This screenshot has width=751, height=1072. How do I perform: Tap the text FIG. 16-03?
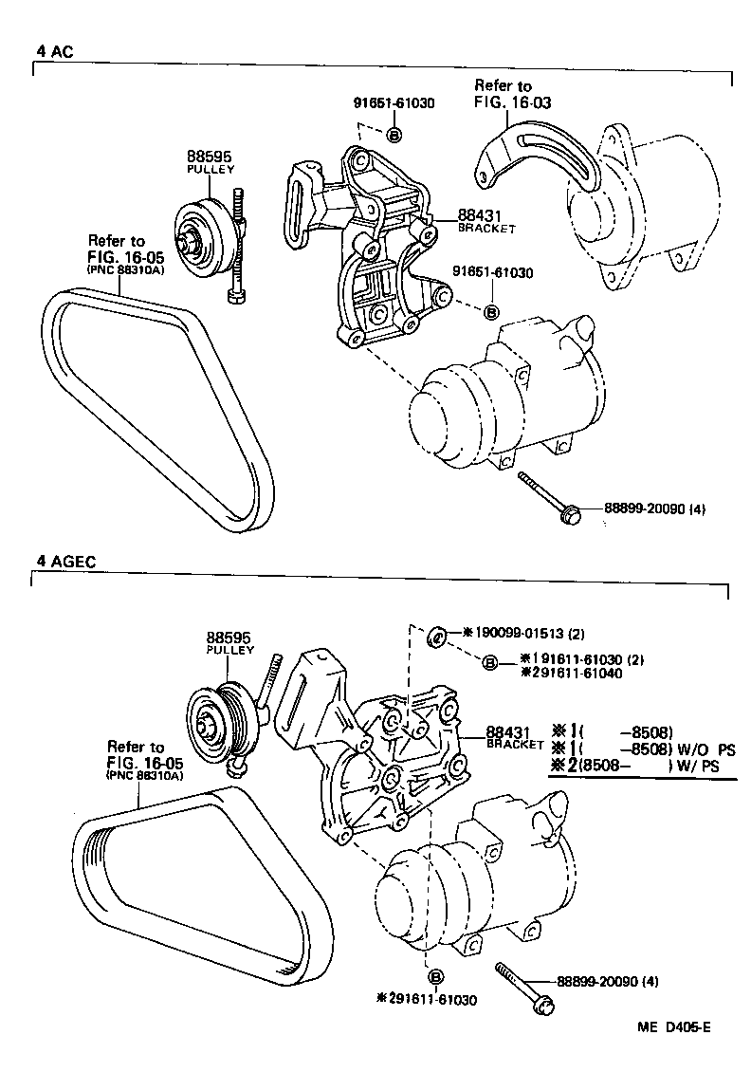point(513,102)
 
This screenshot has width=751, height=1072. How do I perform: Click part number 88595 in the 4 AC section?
point(209,157)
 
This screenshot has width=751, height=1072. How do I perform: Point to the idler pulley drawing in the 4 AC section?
point(204,232)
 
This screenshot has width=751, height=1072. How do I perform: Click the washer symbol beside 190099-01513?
point(437,635)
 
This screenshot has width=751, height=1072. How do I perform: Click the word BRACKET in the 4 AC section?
point(486,229)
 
